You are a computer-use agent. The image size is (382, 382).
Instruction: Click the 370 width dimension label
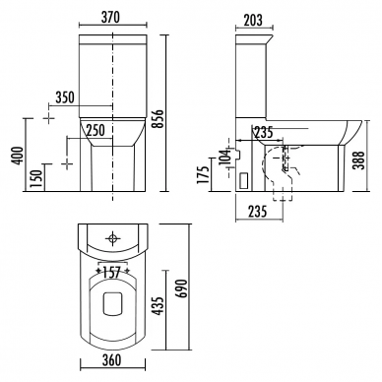click(x=110, y=17)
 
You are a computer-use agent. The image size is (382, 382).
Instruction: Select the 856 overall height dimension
click(x=158, y=120)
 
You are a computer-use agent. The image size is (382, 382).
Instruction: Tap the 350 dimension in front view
click(x=65, y=97)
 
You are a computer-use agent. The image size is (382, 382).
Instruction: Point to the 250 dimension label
click(x=95, y=130)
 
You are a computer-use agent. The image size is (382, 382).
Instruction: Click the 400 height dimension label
click(x=18, y=156)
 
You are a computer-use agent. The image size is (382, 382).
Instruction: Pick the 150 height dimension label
click(x=35, y=179)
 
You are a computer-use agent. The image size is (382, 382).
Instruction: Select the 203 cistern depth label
click(x=253, y=20)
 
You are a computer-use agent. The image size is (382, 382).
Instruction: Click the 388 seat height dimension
click(x=360, y=160)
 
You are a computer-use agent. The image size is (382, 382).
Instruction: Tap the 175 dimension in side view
click(x=203, y=174)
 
